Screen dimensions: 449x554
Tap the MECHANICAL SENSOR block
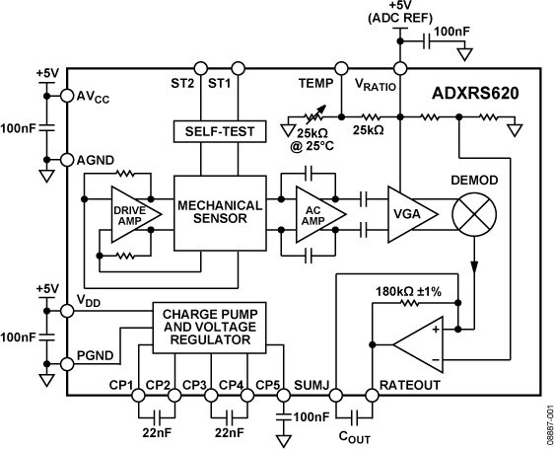[x=219, y=213]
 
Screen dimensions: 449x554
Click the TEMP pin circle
[x=341, y=68]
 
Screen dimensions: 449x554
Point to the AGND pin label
[x=97, y=159]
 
